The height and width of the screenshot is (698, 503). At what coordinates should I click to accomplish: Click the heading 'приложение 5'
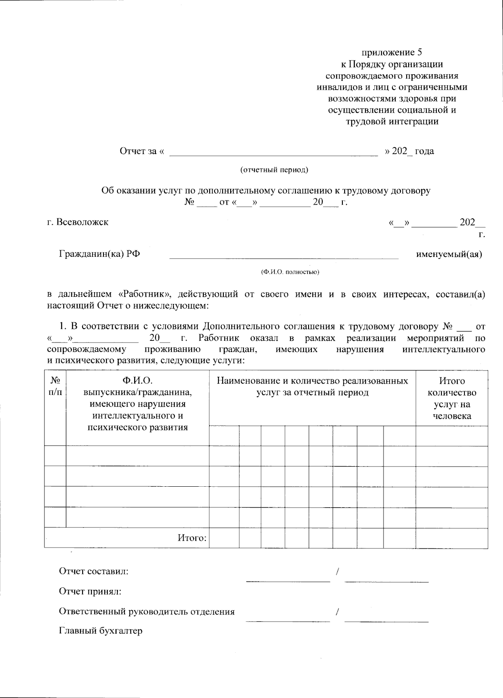click(x=392, y=52)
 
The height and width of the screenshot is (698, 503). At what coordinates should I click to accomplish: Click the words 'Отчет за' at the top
click(x=138, y=151)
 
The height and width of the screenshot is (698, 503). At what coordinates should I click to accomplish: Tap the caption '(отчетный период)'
click(x=274, y=170)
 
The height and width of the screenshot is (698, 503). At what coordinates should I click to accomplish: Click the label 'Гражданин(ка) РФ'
click(x=99, y=254)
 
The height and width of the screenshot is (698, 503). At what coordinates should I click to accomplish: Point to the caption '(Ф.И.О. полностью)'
click(x=290, y=272)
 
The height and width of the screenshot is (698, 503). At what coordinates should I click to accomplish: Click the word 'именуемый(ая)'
click(x=449, y=254)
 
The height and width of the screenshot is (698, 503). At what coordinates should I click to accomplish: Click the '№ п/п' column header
click(x=55, y=387)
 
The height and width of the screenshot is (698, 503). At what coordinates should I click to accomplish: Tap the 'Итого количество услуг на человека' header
click(x=451, y=398)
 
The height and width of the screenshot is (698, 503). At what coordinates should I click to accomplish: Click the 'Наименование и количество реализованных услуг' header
click(x=312, y=387)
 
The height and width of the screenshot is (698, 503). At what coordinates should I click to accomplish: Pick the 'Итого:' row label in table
click(x=192, y=538)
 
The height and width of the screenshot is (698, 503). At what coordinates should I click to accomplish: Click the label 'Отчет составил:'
click(x=94, y=571)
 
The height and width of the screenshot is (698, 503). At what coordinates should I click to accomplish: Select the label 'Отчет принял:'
click(x=91, y=592)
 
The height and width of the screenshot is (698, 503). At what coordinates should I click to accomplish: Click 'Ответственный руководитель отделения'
click(x=147, y=612)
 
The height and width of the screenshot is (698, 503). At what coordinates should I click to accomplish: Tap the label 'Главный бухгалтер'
click(x=101, y=631)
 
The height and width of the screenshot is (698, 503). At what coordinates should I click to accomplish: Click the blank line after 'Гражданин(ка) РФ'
click(x=284, y=257)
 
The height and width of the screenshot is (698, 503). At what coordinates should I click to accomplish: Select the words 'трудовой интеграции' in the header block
click(x=392, y=122)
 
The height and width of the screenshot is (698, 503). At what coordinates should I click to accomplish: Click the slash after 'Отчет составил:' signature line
click(x=337, y=571)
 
